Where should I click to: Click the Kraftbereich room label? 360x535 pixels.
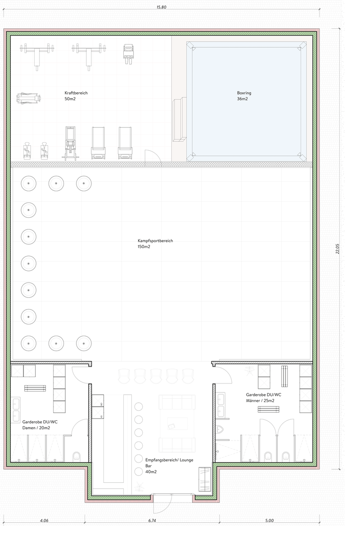click(x=76, y=96)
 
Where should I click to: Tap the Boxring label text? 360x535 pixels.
click(x=244, y=96)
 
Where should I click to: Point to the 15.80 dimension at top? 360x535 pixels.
click(x=162, y=7)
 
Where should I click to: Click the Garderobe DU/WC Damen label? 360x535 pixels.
click(x=40, y=425)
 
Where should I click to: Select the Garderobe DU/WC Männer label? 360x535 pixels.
click(x=263, y=397)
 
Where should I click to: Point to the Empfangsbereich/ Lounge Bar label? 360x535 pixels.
click(x=169, y=466)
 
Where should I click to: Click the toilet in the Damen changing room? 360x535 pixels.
click(x=76, y=456)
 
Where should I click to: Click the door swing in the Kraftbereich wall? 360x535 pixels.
click(x=153, y=158)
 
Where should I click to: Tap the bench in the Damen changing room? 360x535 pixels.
click(x=35, y=388)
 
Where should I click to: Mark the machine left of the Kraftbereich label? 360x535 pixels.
click(x=29, y=98)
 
